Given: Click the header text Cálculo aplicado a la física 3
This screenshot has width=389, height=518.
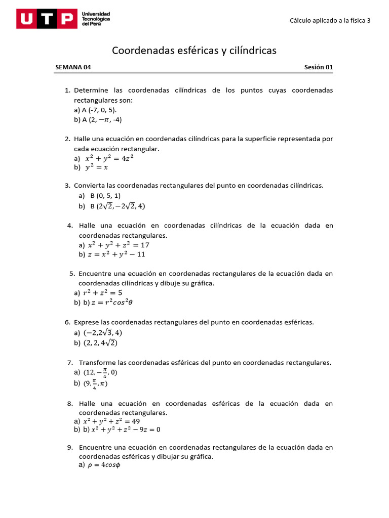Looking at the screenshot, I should click(x=330, y=21).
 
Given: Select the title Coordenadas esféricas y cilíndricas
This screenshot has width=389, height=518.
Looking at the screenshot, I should click(x=194, y=51).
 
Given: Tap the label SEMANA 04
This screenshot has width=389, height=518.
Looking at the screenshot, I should click(x=73, y=67).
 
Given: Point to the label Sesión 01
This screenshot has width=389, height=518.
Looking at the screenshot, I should click(x=318, y=67).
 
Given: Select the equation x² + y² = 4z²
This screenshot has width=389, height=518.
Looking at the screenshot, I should click(x=109, y=158).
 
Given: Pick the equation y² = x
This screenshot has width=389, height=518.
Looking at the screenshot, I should click(x=96, y=167).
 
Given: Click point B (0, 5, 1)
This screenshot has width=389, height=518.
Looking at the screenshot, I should click(x=105, y=196).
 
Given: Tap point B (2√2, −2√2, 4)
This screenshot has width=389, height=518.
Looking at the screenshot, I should click(x=118, y=206).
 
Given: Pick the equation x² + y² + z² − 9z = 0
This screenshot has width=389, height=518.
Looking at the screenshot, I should click(x=125, y=430).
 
